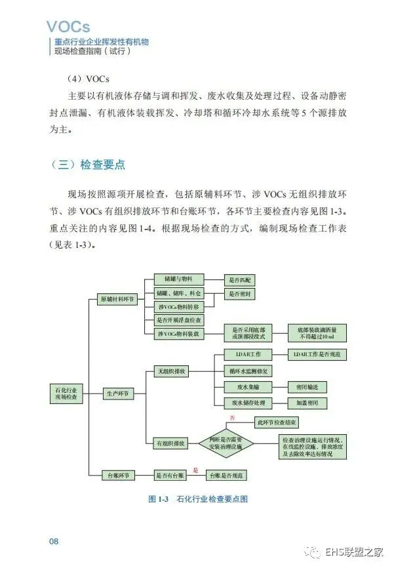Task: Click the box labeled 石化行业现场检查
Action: point(66,394)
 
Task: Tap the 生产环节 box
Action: point(116,394)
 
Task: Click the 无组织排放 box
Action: point(170,371)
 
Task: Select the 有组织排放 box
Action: point(170,443)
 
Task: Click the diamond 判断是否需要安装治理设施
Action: point(226,443)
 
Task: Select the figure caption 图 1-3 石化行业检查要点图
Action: point(198,499)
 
